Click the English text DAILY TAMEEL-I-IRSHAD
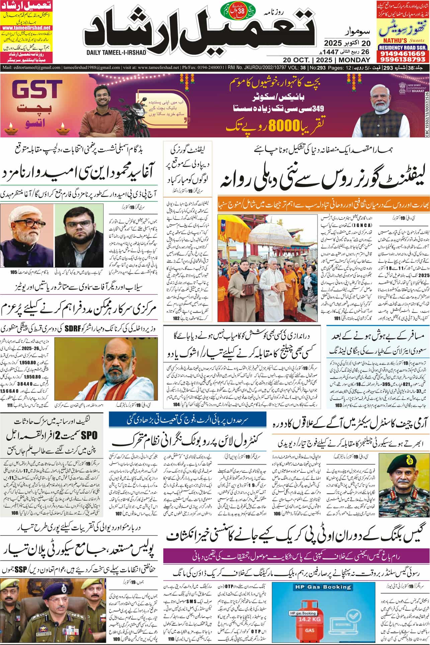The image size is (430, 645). (x=113, y=53)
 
